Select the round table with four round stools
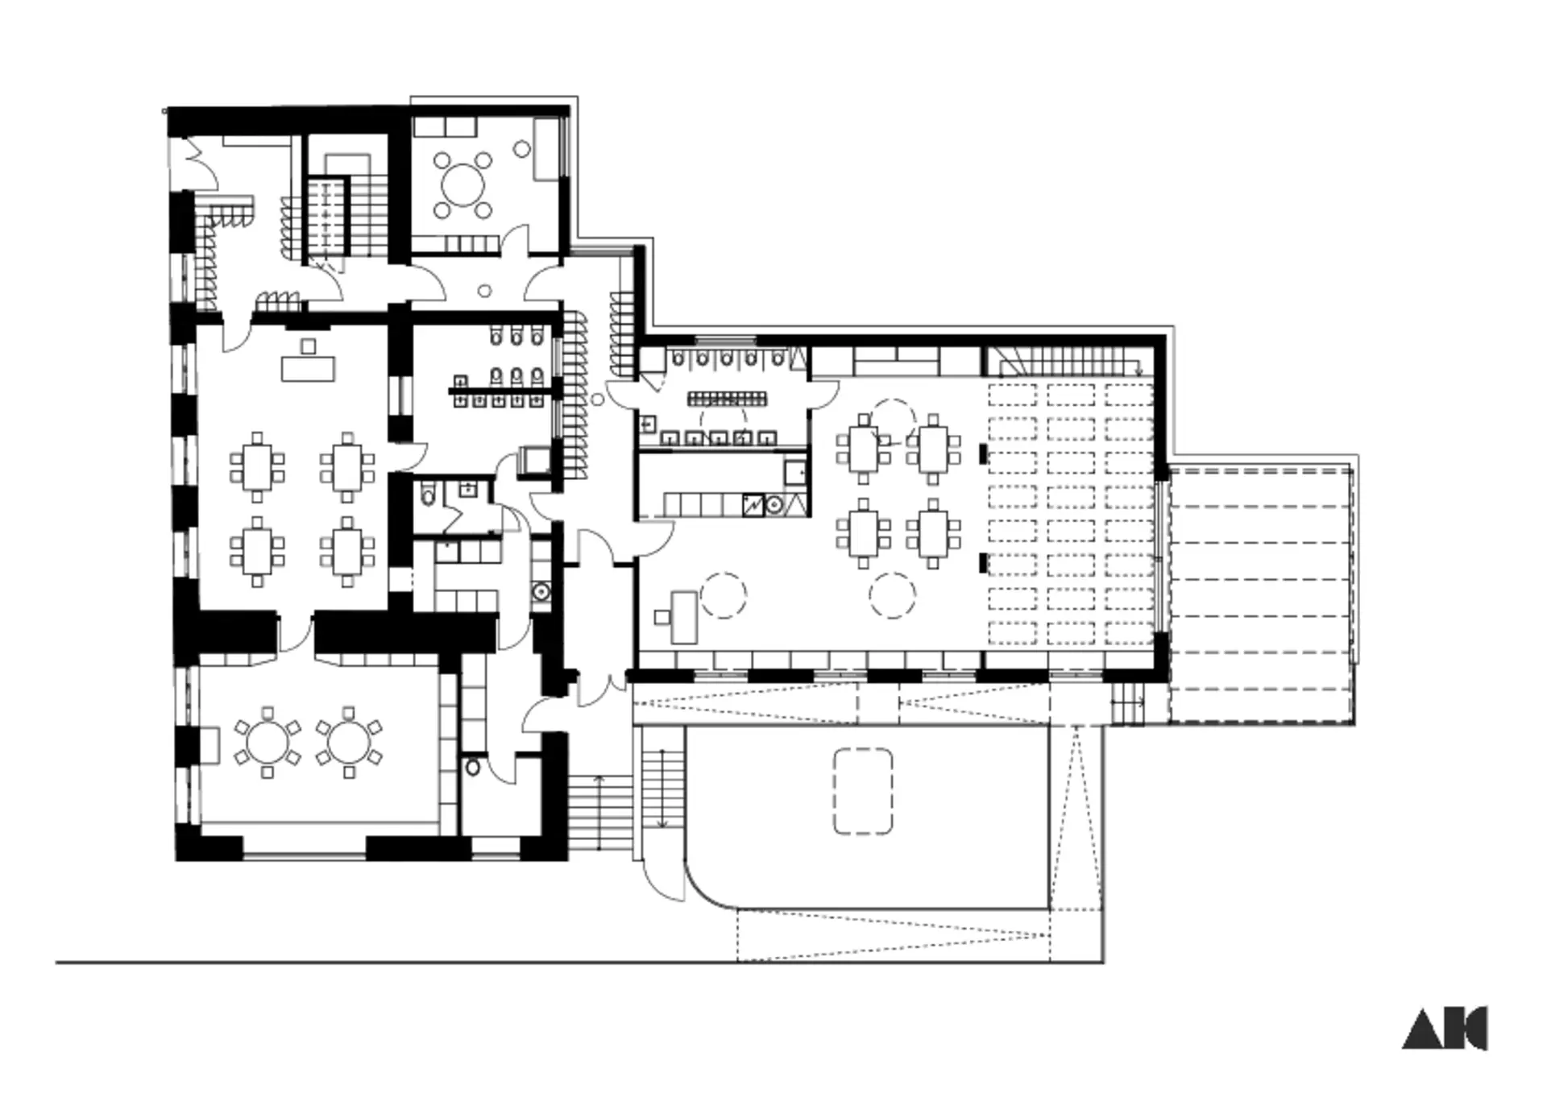point(462,185)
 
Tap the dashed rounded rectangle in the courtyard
point(862,791)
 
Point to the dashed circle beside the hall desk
point(723,595)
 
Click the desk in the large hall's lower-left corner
point(683,617)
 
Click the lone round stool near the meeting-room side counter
point(522,149)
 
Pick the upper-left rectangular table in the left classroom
point(258,466)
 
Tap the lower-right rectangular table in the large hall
point(933,534)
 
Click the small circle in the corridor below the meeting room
point(485,291)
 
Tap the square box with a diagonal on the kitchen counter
point(753,505)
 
